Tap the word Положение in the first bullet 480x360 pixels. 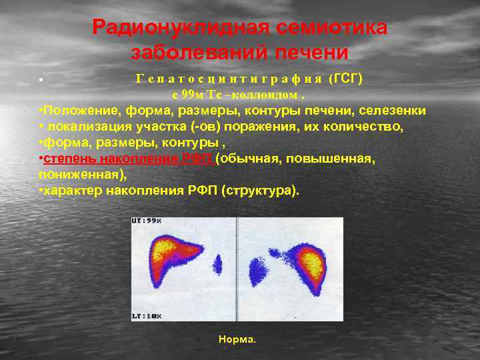click(x=76, y=110)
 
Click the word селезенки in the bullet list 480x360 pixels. click(x=391, y=110)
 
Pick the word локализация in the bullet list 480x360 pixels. click(x=87, y=125)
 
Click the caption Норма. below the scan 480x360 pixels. click(x=237, y=339)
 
